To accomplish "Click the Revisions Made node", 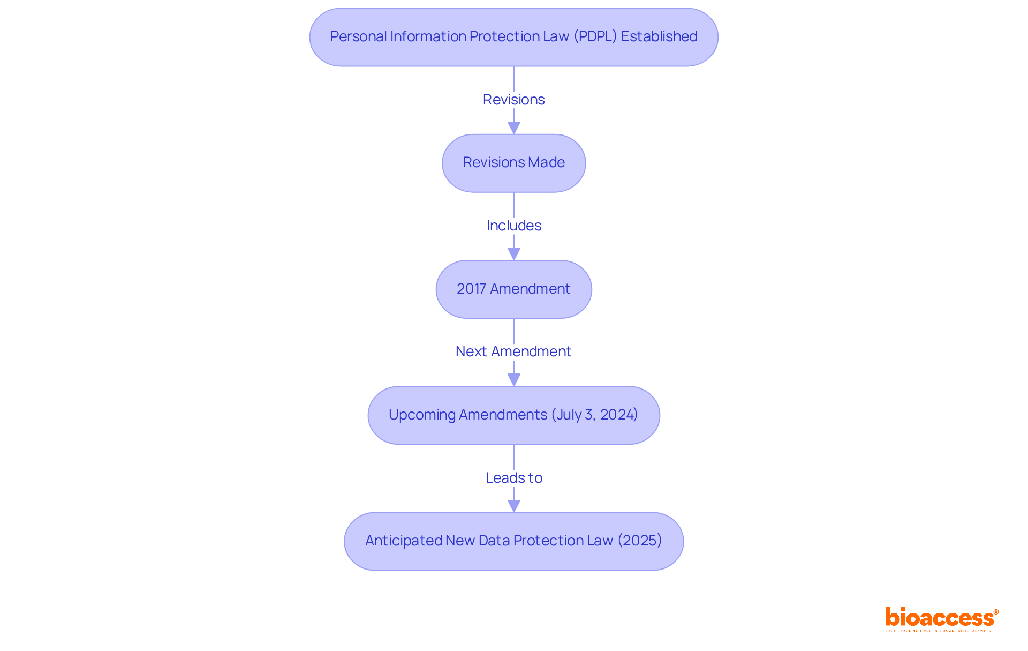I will pyautogui.click(x=513, y=163).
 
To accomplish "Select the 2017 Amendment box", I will pyautogui.click(x=513, y=289).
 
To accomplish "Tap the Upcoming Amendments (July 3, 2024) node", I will pyautogui.click(x=513, y=415).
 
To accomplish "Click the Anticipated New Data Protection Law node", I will pyautogui.click(x=513, y=541).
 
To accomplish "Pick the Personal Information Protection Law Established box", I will pyautogui.click(x=513, y=37).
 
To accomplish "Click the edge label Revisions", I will pyautogui.click(x=513, y=100).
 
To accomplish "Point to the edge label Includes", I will pyautogui.click(x=513, y=226).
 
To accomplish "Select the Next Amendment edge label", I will pyautogui.click(x=513, y=351).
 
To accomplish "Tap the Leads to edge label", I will pyautogui.click(x=513, y=478).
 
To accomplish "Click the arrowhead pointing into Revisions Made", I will pyautogui.click(x=513, y=128).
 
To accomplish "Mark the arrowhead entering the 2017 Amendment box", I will pyautogui.click(x=513, y=254).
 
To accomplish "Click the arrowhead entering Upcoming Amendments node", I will pyautogui.click(x=513, y=380).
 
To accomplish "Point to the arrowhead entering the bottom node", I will pyautogui.click(x=513, y=506).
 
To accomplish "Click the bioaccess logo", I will pyautogui.click(x=940, y=618).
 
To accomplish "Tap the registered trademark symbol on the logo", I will pyautogui.click(x=996, y=612).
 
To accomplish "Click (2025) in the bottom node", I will pyautogui.click(x=640, y=540).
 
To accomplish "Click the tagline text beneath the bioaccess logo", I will pyautogui.click(x=940, y=631).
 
